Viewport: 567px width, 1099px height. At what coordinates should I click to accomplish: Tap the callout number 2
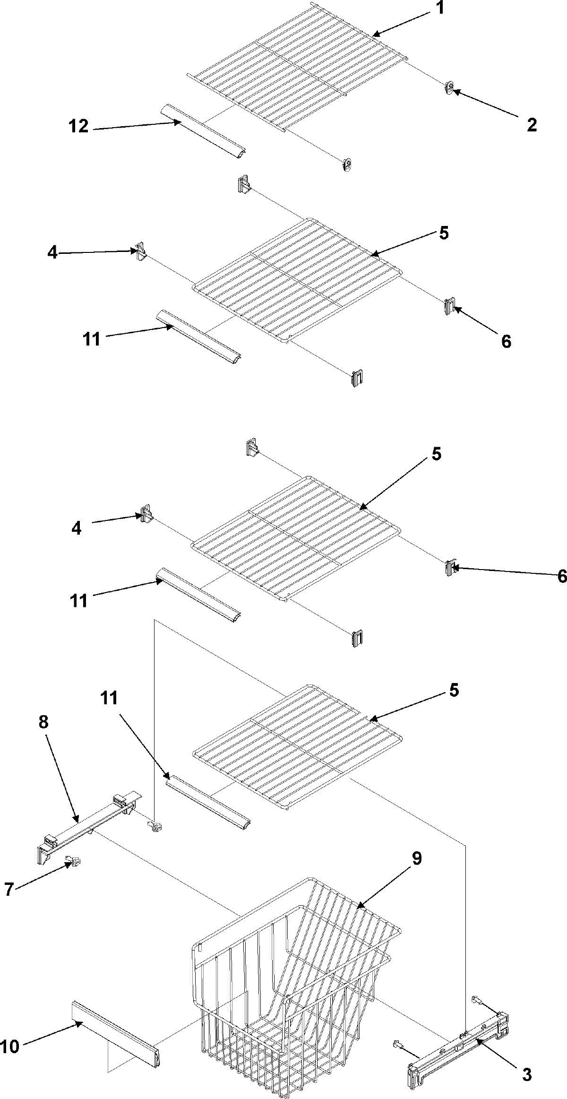(532, 125)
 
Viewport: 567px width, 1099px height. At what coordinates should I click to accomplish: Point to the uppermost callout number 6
(506, 341)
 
